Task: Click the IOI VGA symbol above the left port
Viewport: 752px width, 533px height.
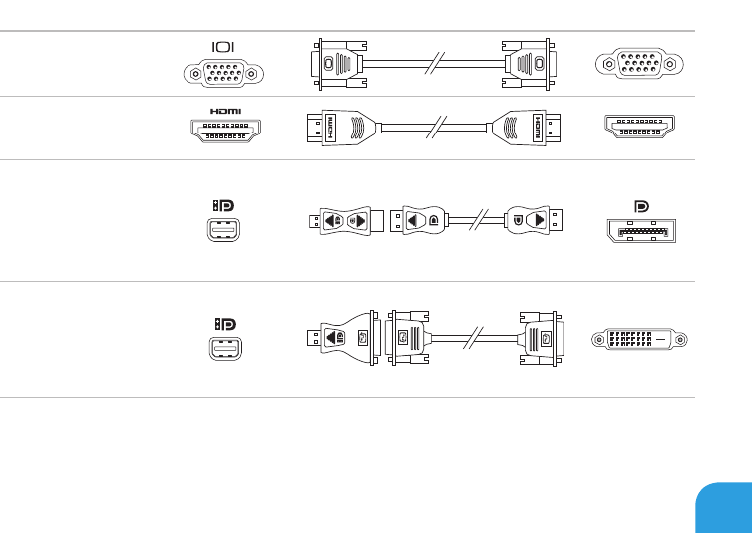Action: coord(223,47)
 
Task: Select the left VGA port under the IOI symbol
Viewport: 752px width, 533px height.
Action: coord(224,72)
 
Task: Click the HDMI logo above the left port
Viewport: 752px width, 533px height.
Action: coord(224,112)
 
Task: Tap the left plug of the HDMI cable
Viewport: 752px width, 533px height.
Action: coord(339,128)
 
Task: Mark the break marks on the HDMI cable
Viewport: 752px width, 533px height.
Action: coord(437,128)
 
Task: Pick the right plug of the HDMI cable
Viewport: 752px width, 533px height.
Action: coord(525,128)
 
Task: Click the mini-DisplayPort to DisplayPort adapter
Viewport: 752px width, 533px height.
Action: coord(345,221)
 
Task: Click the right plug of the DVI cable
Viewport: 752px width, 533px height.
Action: coord(541,339)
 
